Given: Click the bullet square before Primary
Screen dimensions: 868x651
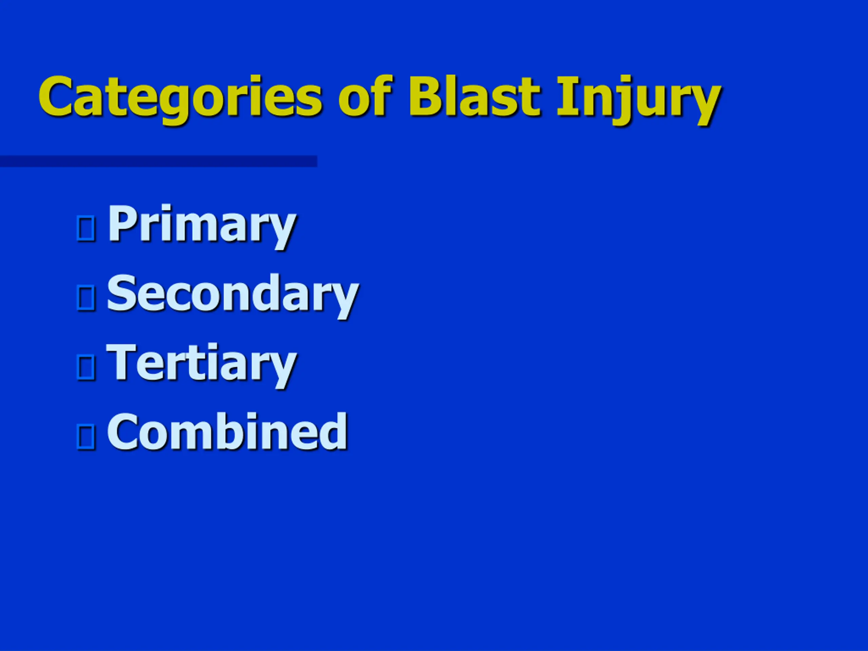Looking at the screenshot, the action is (x=86, y=227).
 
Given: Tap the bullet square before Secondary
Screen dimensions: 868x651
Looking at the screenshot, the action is (x=86, y=297).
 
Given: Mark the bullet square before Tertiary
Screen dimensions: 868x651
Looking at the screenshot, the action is (x=86, y=367).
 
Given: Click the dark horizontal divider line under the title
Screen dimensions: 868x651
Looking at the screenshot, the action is (x=159, y=161).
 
